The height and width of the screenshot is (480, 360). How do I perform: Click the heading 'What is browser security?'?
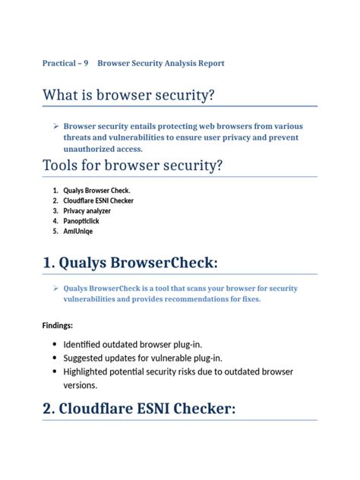(x=128, y=95)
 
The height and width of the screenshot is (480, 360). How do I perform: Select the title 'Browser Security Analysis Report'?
(x=161, y=63)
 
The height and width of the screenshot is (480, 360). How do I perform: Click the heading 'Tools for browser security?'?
(x=132, y=165)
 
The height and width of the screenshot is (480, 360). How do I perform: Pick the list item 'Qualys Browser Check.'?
(x=102, y=190)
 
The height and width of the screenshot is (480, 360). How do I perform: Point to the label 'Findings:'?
(x=58, y=325)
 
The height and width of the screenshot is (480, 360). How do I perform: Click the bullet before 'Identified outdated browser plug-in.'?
(x=55, y=345)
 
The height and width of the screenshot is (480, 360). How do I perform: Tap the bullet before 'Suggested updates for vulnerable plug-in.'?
(x=55, y=358)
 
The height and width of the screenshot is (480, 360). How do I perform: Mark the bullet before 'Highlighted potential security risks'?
(x=55, y=372)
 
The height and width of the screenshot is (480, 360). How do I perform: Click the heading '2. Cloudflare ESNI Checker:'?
(x=139, y=409)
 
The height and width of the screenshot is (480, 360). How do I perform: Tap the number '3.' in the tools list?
(x=55, y=210)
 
